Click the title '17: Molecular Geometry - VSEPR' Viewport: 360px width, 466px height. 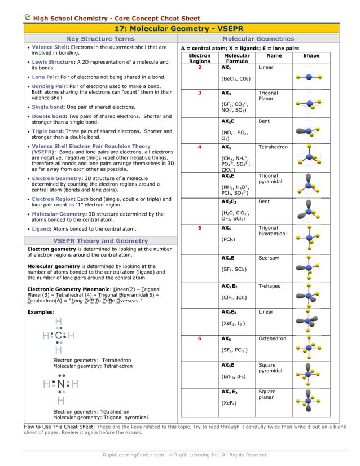coord(179,28)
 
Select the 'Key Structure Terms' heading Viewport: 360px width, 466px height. coord(100,39)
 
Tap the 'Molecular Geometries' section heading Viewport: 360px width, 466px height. coord(258,39)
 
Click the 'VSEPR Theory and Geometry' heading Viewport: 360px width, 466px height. coord(100,241)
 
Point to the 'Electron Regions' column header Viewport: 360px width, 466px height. coord(199,59)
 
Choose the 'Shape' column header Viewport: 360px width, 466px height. coord(311,56)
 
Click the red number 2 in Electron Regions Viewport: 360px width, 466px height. coord(199,67)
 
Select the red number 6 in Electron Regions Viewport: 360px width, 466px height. coord(199,339)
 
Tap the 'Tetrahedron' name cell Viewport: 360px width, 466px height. coord(273,147)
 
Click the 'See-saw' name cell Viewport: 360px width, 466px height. coord(268,258)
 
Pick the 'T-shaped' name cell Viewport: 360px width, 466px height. coord(269,287)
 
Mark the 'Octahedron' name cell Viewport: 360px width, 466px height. coord(272,339)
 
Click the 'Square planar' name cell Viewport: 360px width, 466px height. coord(267,395)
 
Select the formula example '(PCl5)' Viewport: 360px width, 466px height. coord(229,239)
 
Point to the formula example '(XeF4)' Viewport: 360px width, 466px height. coord(229,403)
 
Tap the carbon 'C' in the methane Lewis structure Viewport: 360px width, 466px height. coord(59,336)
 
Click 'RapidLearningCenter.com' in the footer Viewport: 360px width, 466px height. coord(133,455)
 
